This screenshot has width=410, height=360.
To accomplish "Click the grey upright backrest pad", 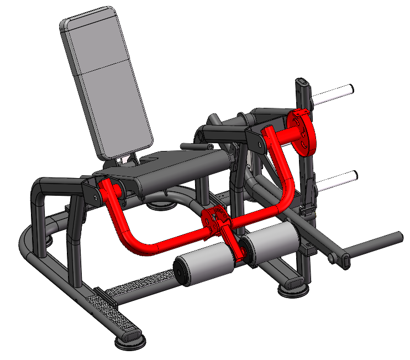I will [105, 83].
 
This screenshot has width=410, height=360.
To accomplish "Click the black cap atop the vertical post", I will [302, 85].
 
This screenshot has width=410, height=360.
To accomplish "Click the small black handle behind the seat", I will [195, 147].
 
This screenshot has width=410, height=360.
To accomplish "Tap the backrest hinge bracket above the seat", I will [127, 159].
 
